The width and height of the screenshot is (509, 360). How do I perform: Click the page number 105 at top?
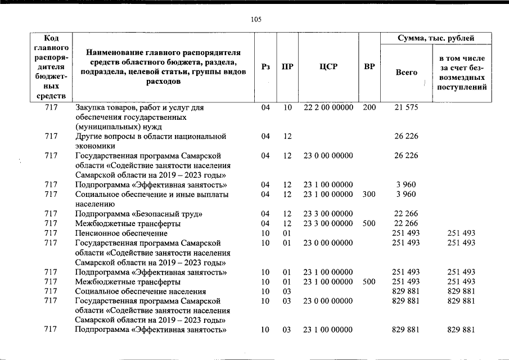point(256,20)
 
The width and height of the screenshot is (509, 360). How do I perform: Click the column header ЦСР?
point(328,67)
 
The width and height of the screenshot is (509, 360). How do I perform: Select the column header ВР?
point(370,67)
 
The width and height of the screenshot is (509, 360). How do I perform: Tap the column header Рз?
point(266,67)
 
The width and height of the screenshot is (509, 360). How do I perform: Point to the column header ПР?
point(287,67)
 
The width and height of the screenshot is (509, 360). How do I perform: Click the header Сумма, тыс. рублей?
point(435,38)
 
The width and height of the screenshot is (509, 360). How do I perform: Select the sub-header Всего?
point(406,73)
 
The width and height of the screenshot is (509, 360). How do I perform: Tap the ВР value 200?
point(369,107)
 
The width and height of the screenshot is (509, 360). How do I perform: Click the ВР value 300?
point(369,194)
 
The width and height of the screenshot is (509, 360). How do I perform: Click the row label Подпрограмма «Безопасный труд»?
point(139,214)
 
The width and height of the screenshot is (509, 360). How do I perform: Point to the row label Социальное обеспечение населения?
point(141,291)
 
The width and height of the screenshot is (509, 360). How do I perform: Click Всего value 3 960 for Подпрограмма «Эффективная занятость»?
point(405,184)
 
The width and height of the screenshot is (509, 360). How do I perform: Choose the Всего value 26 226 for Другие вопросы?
point(405,136)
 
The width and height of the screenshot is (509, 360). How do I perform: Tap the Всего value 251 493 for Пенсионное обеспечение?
point(405,233)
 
